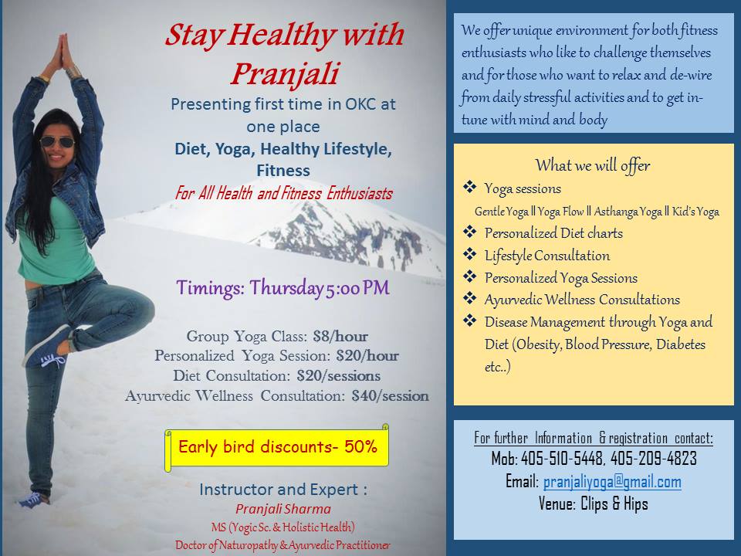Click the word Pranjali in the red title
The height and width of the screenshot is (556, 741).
[286, 75]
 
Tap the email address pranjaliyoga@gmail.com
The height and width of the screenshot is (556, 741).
[612, 482]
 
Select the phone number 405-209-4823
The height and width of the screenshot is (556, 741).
[654, 458]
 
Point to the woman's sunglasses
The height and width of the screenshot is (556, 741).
[56, 141]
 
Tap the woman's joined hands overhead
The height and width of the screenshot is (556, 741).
[63, 51]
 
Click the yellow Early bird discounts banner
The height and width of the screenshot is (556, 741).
[277, 447]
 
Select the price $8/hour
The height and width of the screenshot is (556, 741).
[340, 336]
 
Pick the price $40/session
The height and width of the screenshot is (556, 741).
[391, 395]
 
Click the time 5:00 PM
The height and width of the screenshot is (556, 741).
[357, 288]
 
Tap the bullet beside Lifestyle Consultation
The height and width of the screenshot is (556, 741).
[469, 254]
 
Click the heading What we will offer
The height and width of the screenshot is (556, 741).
[593, 165]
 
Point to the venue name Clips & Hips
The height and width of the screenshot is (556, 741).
[614, 504]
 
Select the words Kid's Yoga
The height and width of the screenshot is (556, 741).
[695, 212]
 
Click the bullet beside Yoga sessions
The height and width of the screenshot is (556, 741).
[469, 187]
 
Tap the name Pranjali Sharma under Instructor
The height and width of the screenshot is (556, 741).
[283, 509]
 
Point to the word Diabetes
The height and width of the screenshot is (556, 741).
[681, 344]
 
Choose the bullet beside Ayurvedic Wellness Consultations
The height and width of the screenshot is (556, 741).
[469, 298]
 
